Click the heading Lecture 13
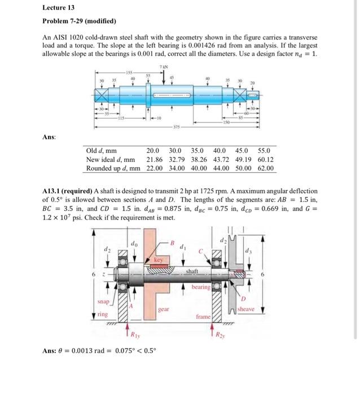(x=59, y=8)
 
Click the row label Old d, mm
(x=102, y=151)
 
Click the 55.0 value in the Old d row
(x=264, y=151)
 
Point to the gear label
(x=164, y=310)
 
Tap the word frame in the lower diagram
(x=203, y=318)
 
